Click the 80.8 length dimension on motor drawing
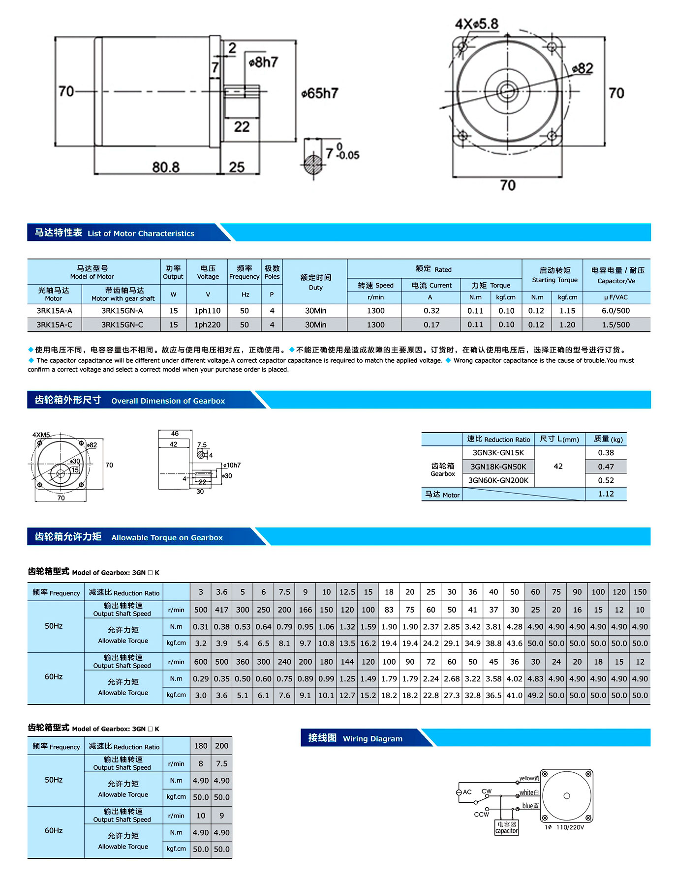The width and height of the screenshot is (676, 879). click(x=165, y=167)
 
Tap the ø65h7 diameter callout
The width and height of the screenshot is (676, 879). click(x=320, y=93)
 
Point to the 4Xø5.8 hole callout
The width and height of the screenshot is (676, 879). click(x=476, y=24)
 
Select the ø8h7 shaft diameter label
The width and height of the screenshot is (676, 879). click(x=264, y=62)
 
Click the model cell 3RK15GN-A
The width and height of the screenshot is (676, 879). click(x=122, y=311)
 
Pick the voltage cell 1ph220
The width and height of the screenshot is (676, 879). click(x=208, y=324)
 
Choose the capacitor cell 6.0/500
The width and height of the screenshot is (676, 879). click(x=615, y=311)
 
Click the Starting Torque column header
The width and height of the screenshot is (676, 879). click(x=554, y=275)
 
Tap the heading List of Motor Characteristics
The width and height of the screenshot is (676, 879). click(x=141, y=234)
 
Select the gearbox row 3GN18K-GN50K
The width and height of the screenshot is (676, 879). click(x=498, y=467)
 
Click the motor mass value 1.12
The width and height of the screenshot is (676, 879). click(x=606, y=494)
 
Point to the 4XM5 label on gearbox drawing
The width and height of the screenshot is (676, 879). click(x=41, y=435)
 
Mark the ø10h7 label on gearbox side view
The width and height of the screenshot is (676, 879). click(x=232, y=465)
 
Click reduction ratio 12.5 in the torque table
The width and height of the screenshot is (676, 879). click(x=347, y=592)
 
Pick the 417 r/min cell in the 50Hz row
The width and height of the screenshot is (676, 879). click(x=221, y=610)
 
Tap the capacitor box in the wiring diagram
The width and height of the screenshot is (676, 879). click(x=506, y=827)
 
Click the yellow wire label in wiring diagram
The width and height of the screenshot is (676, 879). click(x=529, y=778)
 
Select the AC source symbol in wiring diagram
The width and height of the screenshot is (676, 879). click(x=459, y=792)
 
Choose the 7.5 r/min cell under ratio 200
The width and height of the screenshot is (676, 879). click(x=221, y=763)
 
